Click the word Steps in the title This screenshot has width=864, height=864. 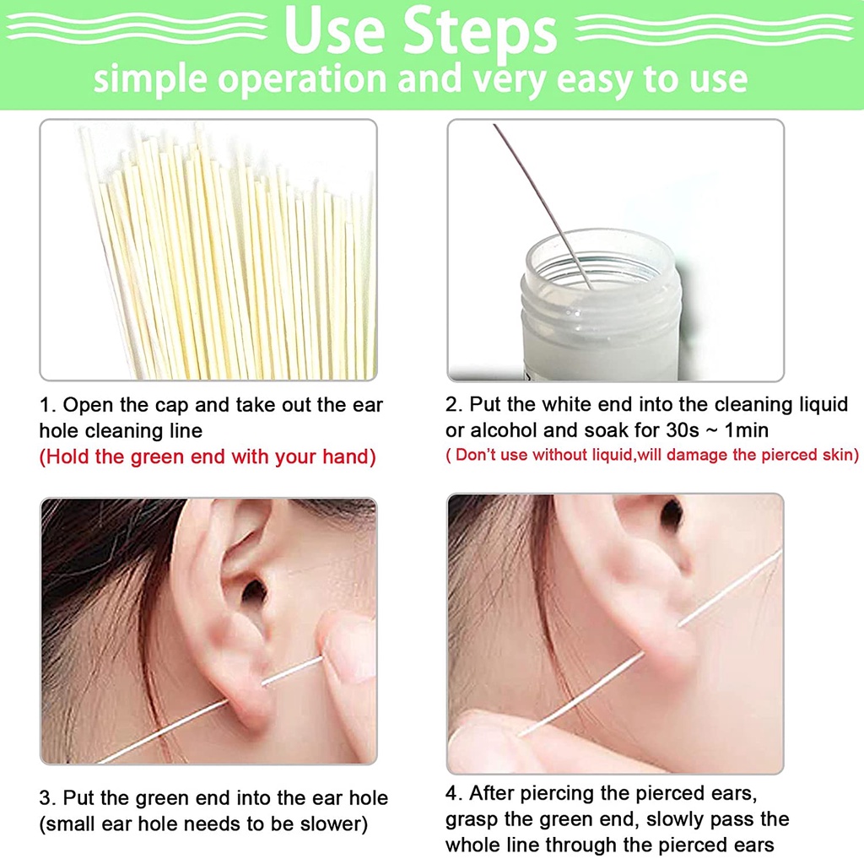(479, 32)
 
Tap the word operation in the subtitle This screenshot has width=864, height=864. (302, 79)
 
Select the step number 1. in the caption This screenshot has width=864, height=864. (47, 405)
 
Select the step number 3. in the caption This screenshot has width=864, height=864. (47, 798)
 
